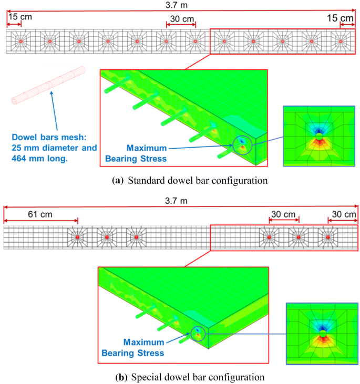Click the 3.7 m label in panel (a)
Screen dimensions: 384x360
click(180, 5)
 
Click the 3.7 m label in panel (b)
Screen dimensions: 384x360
click(180, 200)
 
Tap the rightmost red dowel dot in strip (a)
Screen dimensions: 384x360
click(341, 40)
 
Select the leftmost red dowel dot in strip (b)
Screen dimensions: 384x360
click(77, 237)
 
